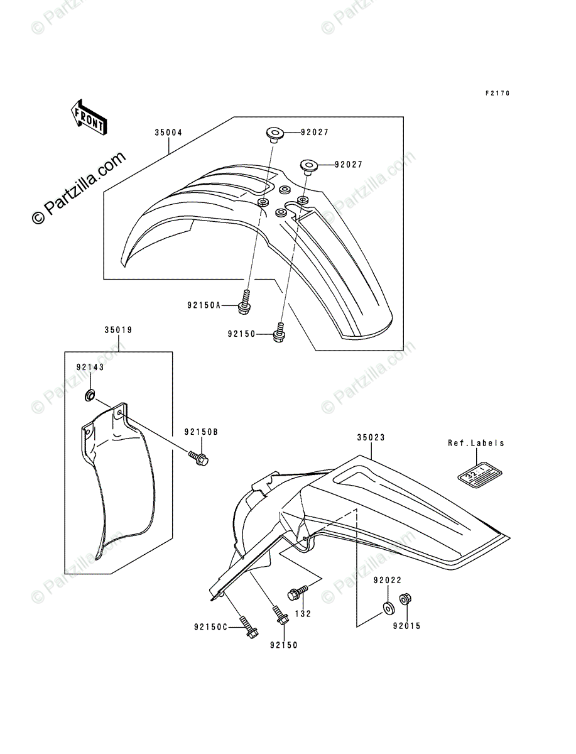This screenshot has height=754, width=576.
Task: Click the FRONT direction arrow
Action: click(x=88, y=117)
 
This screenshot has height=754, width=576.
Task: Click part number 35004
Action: click(x=169, y=133)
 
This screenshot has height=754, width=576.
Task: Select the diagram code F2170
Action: click(x=497, y=93)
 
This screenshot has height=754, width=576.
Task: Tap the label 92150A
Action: click(x=204, y=306)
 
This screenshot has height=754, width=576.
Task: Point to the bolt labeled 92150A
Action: click(x=246, y=301)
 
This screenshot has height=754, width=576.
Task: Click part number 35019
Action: click(x=117, y=329)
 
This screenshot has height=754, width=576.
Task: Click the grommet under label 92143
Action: click(x=90, y=396)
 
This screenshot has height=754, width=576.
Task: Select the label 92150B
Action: click(x=201, y=432)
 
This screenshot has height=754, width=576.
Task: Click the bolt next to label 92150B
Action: click(x=198, y=458)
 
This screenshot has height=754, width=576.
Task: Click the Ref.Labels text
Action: click(x=475, y=443)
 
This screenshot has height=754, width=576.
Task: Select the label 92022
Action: click(x=387, y=581)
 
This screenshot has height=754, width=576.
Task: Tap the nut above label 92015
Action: click(x=406, y=599)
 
